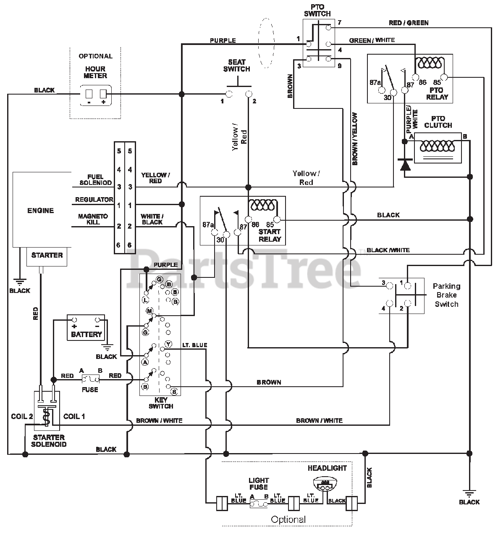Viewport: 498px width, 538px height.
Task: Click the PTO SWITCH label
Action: [x=317, y=10]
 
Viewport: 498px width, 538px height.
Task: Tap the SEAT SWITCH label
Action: [x=236, y=66]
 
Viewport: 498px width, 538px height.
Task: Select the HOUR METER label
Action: [x=95, y=72]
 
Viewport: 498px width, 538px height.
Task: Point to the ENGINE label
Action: [x=41, y=211]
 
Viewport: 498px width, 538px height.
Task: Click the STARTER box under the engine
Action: [x=47, y=256]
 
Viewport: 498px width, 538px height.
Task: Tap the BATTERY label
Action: [x=86, y=334]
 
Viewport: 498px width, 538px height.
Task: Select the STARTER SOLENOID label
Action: [x=49, y=441]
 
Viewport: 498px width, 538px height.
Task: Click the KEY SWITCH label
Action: [x=161, y=403]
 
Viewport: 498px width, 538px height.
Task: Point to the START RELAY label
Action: [x=270, y=235]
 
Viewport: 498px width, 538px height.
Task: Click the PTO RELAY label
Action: [x=437, y=93]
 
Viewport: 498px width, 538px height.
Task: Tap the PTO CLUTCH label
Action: [x=438, y=122]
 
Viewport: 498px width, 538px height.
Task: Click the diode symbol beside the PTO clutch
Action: [x=405, y=164]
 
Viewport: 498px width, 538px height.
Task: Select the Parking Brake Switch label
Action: [x=447, y=295]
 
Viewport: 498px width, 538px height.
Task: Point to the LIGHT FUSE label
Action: [x=259, y=483]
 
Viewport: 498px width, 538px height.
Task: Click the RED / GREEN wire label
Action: [x=409, y=23]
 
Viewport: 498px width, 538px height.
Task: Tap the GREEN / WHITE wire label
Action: [x=372, y=40]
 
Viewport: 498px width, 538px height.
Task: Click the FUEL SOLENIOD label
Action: [x=96, y=179]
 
